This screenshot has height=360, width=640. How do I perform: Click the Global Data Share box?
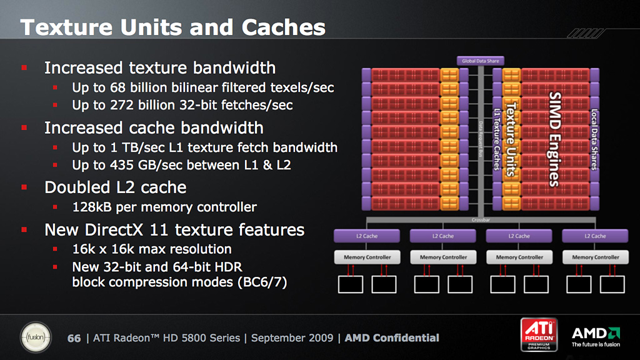481,61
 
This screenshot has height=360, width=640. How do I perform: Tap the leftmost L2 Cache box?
367,236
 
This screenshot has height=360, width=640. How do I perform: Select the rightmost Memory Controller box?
596,257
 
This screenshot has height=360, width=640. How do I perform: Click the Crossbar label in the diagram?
481,220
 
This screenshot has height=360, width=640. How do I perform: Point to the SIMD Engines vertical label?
555,139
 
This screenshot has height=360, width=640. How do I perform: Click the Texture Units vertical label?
511,139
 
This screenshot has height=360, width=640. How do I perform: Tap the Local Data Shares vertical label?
594,139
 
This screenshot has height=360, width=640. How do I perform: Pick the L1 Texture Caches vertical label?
497,139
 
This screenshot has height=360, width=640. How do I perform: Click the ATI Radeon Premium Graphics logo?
539,335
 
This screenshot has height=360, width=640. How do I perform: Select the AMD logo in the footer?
596,337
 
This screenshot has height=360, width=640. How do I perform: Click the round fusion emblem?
36,337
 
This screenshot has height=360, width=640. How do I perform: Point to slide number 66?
74,338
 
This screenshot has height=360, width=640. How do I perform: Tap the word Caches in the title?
284,27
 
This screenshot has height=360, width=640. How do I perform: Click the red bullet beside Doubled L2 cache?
24,187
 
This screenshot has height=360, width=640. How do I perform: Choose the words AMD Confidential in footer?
392,338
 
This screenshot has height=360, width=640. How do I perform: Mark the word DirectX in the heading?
114,230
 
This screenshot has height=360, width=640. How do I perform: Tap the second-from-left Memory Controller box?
443,257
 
